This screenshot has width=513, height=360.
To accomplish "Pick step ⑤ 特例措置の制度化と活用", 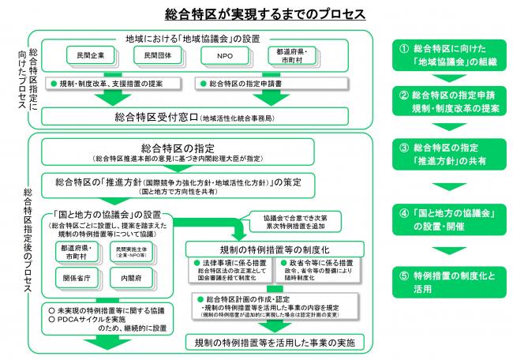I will (447, 283).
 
